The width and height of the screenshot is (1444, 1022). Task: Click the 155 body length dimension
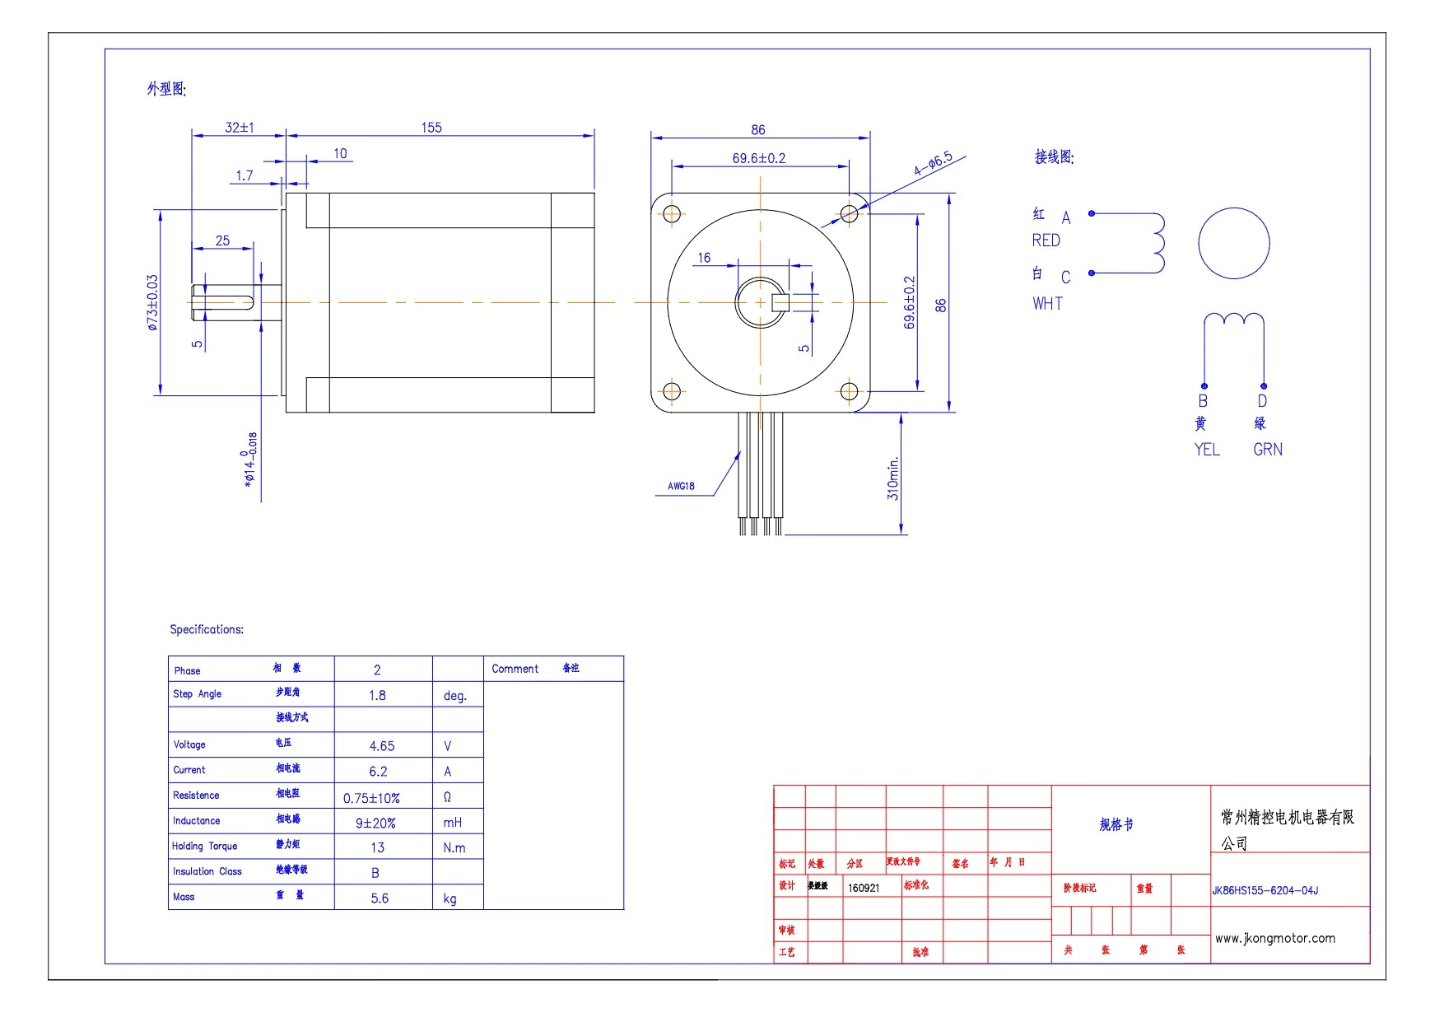point(431,128)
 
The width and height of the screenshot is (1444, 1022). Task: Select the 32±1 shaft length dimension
point(240,128)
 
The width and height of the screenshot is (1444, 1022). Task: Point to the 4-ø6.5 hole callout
point(933,164)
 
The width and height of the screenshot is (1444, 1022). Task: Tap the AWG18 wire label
point(681,486)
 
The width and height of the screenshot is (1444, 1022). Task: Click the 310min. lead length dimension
point(893,478)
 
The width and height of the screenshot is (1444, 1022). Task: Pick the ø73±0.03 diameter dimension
point(152,303)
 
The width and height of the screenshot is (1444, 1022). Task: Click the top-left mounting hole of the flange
point(672,214)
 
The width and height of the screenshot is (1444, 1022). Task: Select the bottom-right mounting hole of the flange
point(849,391)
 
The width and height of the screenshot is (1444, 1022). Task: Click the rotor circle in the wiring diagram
point(1233,244)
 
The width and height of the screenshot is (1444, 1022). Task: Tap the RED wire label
point(1046,240)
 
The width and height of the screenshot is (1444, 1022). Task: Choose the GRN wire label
point(1267,450)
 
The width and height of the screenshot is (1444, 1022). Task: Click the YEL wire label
point(1207,450)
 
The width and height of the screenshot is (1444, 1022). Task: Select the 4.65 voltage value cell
point(382,746)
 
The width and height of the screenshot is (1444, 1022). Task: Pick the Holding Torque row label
point(205,846)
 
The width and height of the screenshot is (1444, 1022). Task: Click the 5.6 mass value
point(380,898)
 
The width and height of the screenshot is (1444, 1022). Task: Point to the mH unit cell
point(453,823)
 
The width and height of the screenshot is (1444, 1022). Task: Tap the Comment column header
point(515,669)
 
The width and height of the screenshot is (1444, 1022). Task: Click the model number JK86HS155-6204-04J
point(1265,890)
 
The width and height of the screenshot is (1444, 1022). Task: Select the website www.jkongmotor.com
point(1274,938)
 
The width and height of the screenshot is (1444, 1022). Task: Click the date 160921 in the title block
point(864,888)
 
